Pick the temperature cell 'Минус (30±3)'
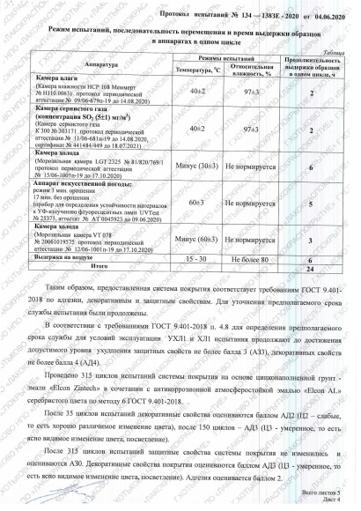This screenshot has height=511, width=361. (x=197, y=167)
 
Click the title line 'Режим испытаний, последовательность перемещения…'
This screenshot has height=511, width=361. (x=188, y=29)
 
